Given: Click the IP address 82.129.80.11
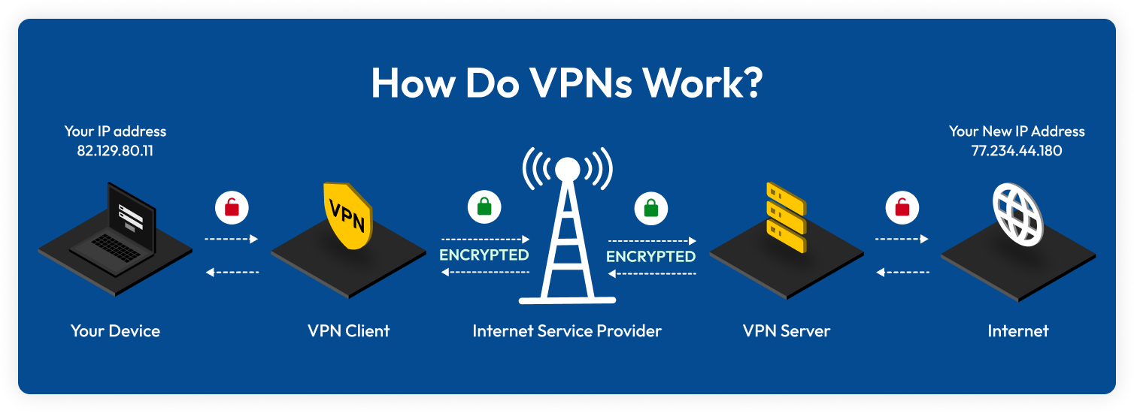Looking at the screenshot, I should pos(115,150).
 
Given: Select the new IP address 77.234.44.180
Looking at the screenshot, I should pos(1016,151).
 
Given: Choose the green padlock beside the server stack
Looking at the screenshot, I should pos(650,207).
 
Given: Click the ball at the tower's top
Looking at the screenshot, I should pos(568,167).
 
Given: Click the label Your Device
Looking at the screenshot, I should pos(115,330).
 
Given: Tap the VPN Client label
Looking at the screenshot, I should pos(348,330).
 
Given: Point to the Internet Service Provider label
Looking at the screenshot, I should pos(567,330).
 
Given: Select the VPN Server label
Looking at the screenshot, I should pos(786,330).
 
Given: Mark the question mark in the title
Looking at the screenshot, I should pos(748,84).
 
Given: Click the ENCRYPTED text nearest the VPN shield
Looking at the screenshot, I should pos(484,255).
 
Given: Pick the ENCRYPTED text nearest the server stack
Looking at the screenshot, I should pos(650,256).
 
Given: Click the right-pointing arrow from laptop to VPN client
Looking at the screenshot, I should pos(232,239).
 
